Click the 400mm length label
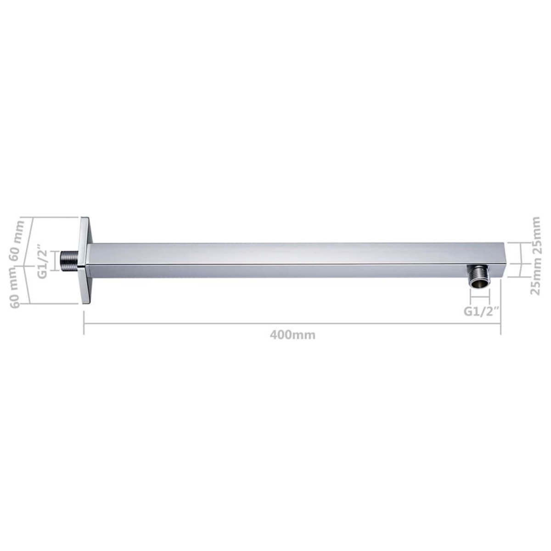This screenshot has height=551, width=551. coord(292,335)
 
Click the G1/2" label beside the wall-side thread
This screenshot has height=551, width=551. coord(43,261)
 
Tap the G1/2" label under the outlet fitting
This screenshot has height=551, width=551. coord(481,311)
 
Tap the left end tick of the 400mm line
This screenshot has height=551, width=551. coord(84,324)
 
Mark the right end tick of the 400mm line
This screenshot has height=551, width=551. coord(500,324)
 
